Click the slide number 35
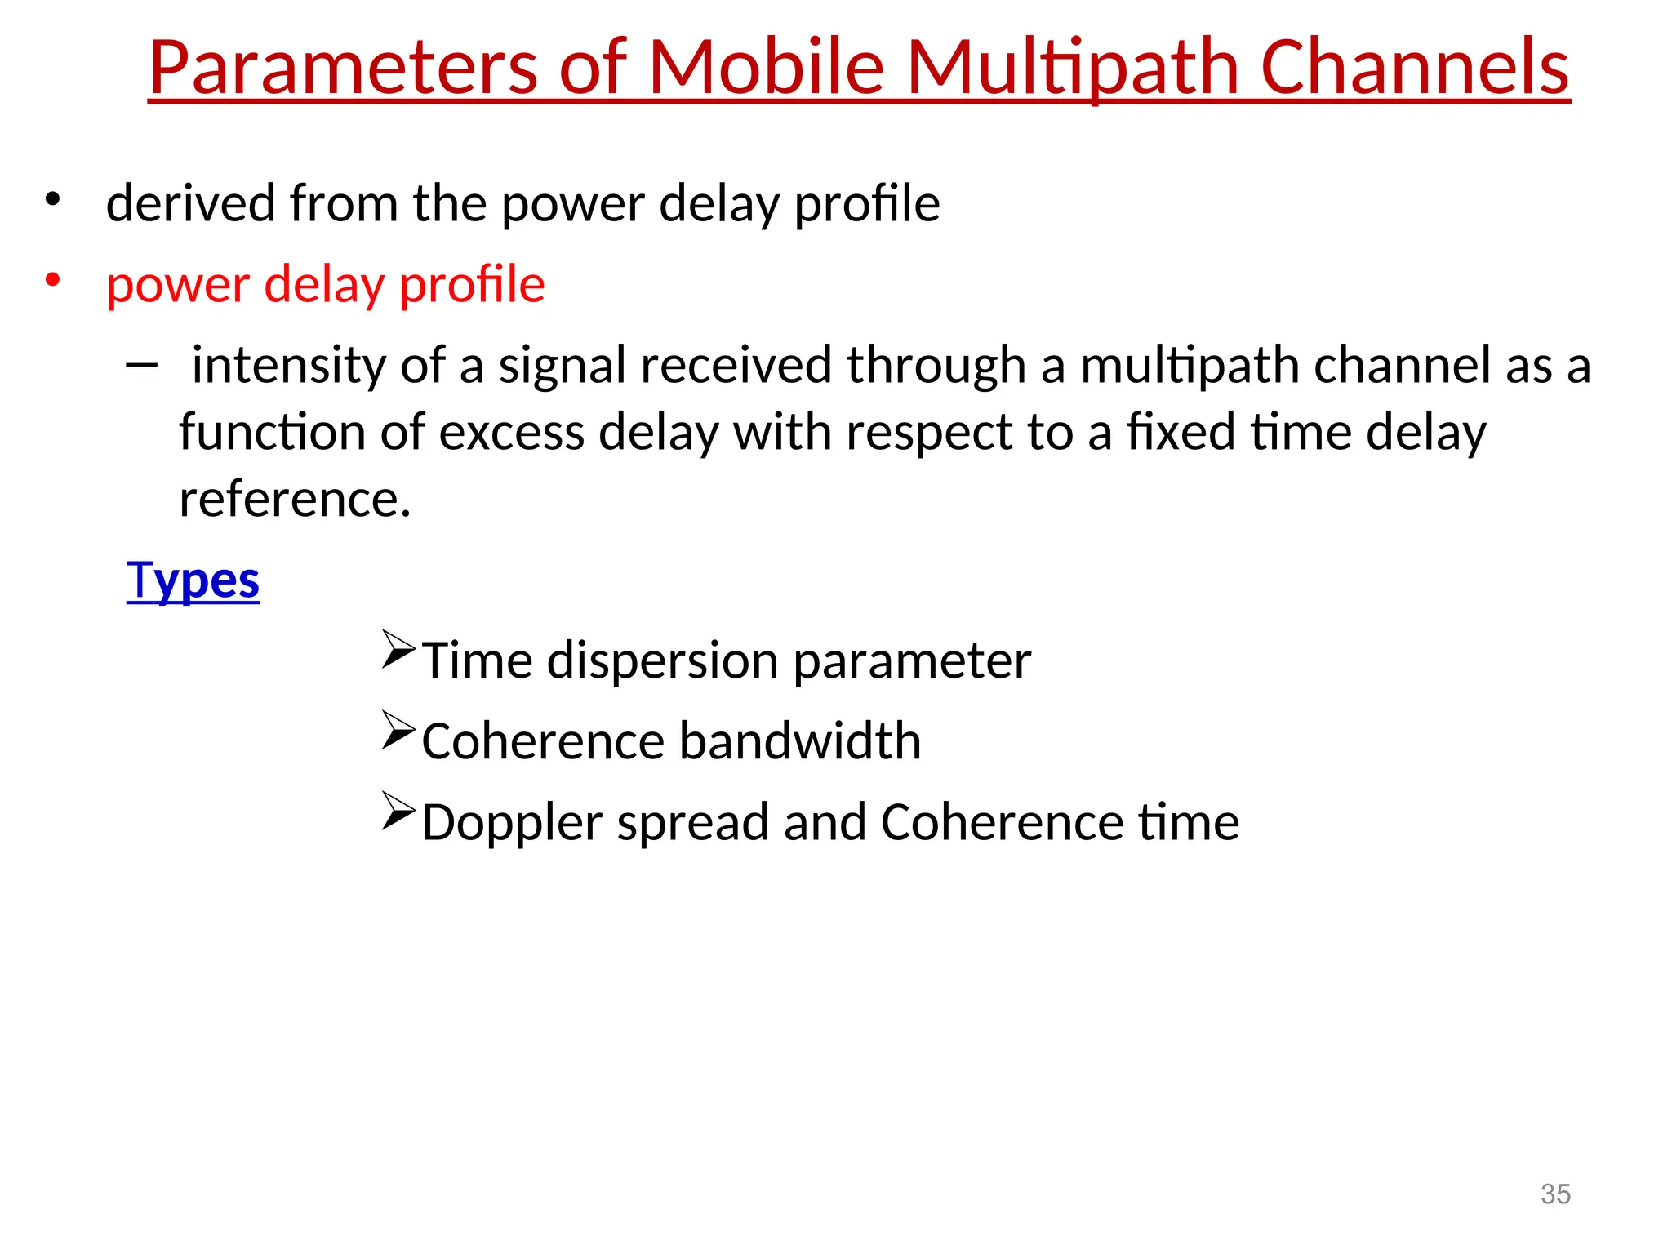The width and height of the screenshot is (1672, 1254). coord(1555,1194)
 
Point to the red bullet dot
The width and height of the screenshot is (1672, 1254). coord(53,280)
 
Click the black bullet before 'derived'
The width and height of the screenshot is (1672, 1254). coord(53,199)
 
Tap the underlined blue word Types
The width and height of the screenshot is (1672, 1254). coord(193,580)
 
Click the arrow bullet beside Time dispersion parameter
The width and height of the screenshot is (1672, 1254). coord(398,650)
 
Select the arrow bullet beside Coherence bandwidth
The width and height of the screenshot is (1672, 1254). coord(398,731)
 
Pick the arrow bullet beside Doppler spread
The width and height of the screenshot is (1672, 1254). coord(398,812)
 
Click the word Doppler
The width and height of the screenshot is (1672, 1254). coord(512,822)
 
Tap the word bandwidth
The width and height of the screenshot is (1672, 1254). coord(799,741)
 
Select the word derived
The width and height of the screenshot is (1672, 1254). coord(190,203)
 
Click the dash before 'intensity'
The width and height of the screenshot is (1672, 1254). coord(141,365)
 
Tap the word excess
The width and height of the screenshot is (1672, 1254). coord(511,432)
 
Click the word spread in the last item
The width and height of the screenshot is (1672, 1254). coord(692,822)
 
